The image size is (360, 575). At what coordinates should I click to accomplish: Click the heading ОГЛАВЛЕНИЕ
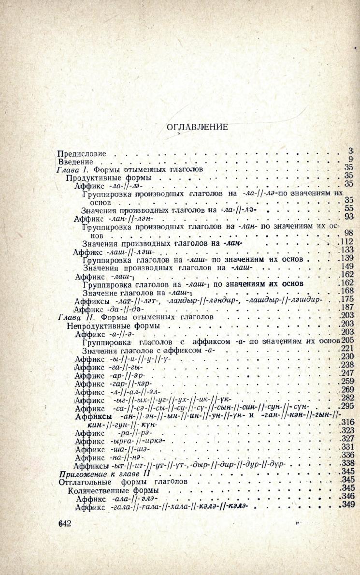[x=197, y=127]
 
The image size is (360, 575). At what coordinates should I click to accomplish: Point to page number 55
[x=349, y=208]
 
